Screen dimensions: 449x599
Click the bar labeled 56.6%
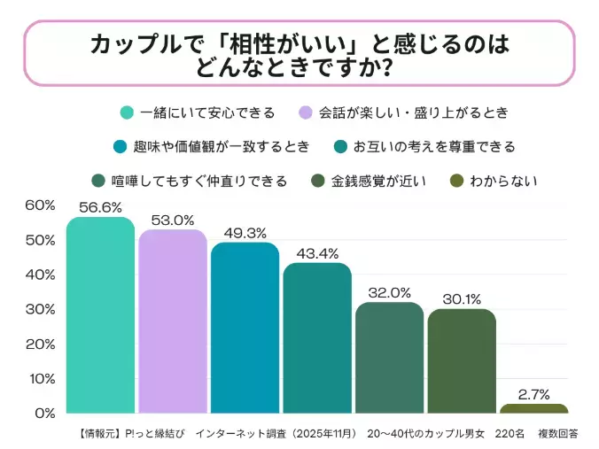[100, 315]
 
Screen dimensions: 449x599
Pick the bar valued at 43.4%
[316, 338]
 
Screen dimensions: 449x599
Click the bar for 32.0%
[389, 358]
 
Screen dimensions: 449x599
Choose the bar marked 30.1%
[461, 361]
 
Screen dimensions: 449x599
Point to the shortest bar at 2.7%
[533, 408]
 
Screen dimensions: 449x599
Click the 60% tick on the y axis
[39, 205]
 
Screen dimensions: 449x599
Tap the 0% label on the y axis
[44, 414]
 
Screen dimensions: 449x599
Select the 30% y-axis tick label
[39, 310]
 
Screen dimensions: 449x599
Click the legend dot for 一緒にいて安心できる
[128, 112]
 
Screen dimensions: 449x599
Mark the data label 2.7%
[533, 393]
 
